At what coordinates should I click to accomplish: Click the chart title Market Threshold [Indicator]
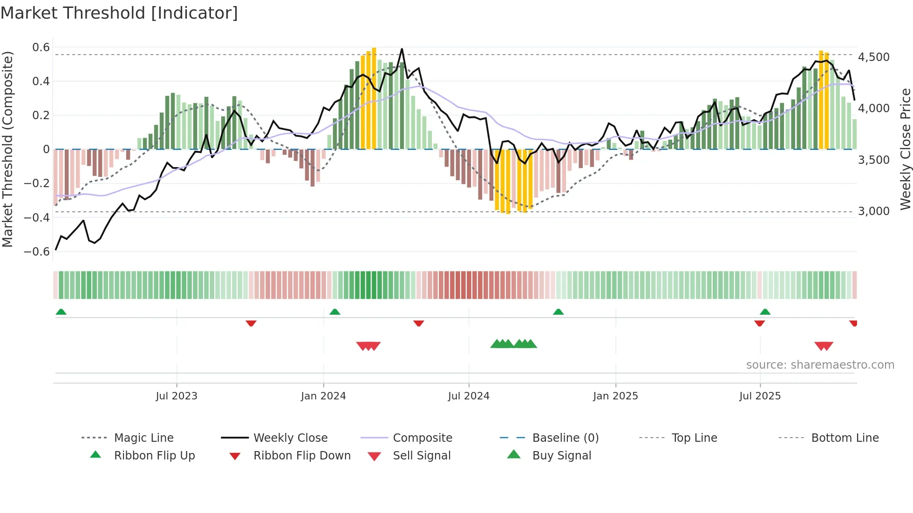tap(119, 13)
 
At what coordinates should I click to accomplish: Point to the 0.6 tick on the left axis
tap(41, 47)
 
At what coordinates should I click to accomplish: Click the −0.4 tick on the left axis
tap(37, 217)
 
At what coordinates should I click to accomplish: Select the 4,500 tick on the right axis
tap(873, 57)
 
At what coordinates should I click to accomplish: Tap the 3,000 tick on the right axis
tap(873, 211)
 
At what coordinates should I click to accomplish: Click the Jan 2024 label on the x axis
tap(323, 396)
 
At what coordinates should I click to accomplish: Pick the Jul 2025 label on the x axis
tap(760, 396)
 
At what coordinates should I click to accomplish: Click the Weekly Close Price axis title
tap(905, 149)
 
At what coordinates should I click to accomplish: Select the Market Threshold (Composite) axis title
tap(7, 149)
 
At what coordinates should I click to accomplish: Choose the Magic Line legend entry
tap(143, 438)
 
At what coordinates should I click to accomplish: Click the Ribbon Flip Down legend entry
tap(301, 456)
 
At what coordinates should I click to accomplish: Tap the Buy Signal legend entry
tap(561, 456)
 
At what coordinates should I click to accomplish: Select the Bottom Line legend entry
tap(845, 438)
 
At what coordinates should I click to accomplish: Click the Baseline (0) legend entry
tap(565, 438)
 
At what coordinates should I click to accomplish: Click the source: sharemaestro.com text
tap(820, 365)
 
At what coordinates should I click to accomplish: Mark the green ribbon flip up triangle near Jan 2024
tap(335, 312)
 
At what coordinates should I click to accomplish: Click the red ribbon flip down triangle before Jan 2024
tap(251, 323)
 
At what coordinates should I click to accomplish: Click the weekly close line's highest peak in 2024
tap(402, 49)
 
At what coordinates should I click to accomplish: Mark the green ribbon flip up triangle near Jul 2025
tap(765, 312)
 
